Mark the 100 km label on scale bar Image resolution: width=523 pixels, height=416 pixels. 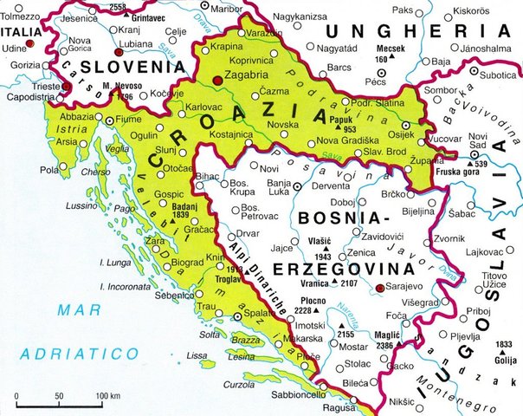[108, 396]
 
